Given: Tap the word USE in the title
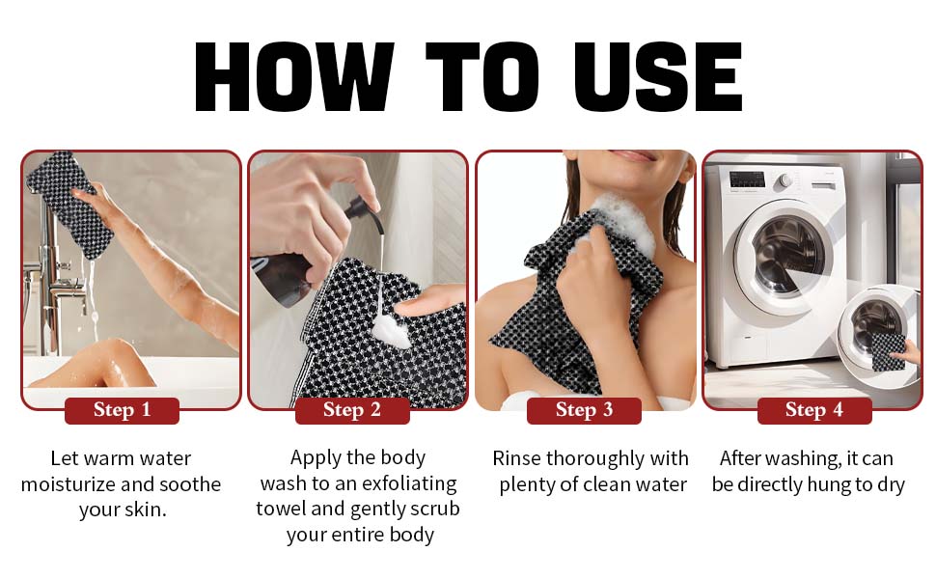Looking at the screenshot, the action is pos(658,77).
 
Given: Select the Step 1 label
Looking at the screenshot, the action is pos(122,410).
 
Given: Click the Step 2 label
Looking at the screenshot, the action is pos(352,410).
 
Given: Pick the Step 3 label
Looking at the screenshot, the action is pos(584,410).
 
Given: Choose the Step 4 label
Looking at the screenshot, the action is pos(814,410).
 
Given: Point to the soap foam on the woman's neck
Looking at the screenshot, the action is pos(620,222).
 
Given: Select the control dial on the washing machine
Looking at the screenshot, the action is pos(785,180).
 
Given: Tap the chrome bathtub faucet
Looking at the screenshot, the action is pos(51,275).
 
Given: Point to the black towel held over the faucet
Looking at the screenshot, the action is pos(67,203).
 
